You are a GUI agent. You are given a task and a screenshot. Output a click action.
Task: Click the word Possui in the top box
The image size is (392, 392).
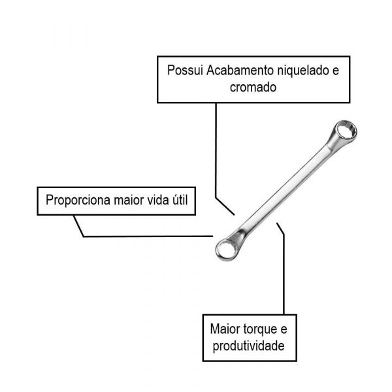coord(185,71)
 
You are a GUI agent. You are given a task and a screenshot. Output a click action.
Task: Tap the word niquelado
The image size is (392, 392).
coord(302,71)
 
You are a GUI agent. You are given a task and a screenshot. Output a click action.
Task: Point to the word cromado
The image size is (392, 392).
coord(253,88)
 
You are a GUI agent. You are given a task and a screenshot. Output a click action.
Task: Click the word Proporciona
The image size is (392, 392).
coord(78,201)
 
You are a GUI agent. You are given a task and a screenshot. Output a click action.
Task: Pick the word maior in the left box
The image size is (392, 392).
coord(129,201)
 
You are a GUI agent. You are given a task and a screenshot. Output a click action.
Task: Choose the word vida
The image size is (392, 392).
coord(157,200)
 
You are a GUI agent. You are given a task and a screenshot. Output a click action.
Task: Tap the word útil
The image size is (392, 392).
coord(180,200)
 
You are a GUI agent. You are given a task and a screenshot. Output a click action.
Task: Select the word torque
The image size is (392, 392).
coord(259,329)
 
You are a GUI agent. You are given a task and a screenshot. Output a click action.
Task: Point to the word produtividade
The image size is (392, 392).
coord(248,346)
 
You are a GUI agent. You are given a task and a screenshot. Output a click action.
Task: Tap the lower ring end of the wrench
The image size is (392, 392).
coord(227,250)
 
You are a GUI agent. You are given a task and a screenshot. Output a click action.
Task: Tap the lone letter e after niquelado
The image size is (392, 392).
coord(336,71)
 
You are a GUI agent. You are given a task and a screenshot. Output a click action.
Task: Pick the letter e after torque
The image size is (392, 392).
coord(284,329)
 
